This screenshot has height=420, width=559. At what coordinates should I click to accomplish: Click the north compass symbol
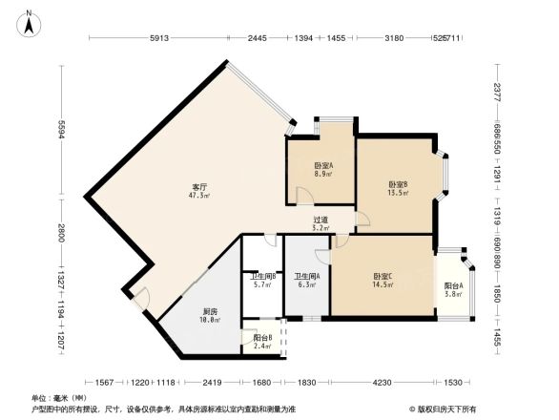click(29, 24)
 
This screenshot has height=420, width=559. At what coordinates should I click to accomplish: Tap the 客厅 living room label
click(200, 187)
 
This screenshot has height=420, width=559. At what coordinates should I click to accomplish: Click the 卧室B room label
click(398, 184)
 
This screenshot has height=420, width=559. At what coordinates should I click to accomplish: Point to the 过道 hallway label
click(321, 220)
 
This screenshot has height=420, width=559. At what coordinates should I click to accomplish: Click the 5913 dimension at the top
click(159, 38)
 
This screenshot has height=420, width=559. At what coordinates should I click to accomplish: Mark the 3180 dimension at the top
click(392, 38)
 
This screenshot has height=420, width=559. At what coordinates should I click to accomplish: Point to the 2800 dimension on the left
click(60, 231)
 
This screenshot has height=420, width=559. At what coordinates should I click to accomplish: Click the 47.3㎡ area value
click(200, 196)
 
